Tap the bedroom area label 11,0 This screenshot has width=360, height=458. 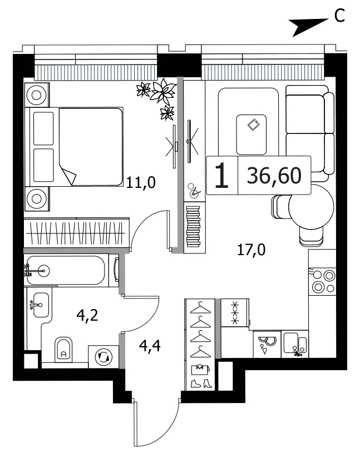tap(141, 182)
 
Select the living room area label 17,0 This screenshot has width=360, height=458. tap(251, 250)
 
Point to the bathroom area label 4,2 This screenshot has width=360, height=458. tap(87, 315)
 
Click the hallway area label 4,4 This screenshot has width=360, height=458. tap(150, 346)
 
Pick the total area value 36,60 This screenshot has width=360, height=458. tap(274, 176)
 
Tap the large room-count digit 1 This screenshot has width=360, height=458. tap(221, 175)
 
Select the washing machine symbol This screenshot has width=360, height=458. tap(104, 357)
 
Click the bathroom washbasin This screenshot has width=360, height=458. tap(41, 305)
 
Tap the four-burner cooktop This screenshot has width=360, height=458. tap(322, 281)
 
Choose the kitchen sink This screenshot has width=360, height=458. tap(295, 344)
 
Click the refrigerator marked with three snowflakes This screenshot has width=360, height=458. tap(235, 312)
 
